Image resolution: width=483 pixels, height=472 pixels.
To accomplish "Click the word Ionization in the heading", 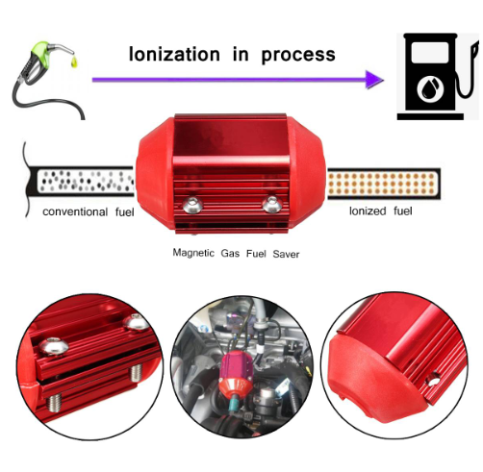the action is (x=174, y=54).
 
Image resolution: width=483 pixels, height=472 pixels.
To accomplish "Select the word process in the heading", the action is (x=298, y=55).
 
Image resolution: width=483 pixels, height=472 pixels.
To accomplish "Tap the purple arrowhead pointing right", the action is (x=374, y=80).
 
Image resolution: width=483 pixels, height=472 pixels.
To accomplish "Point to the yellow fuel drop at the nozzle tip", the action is (x=74, y=62).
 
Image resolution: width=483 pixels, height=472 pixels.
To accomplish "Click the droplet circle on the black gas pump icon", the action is (x=430, y=88).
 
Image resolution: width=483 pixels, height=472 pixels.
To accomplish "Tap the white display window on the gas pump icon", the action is (x=430, y=53).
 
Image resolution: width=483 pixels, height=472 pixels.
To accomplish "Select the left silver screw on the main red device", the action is (x=192, y=205).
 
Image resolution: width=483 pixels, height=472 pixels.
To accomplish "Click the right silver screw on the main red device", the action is (x=272, y=205).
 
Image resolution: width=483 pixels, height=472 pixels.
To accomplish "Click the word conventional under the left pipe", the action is (x=75, y=211).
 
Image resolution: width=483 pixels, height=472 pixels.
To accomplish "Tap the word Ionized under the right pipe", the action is (x=368, y=211).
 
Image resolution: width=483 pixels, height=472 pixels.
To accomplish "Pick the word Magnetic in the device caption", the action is (x=193, y=253).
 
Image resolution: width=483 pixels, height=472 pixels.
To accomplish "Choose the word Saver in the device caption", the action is (x=286, y=254).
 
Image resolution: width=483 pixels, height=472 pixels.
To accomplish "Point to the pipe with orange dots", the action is (x=384, y=184).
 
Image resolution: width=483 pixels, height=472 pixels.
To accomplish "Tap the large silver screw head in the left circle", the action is (x=54, y=346).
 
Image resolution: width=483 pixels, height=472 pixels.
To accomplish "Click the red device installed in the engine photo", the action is (x=237, y=372).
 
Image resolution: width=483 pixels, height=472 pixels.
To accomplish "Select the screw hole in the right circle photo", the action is (x=434, y=381).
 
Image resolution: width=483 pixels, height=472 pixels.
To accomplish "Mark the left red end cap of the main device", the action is (x=155, y=172).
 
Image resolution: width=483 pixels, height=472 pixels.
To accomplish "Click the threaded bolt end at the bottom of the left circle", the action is (x=55, y=403).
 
